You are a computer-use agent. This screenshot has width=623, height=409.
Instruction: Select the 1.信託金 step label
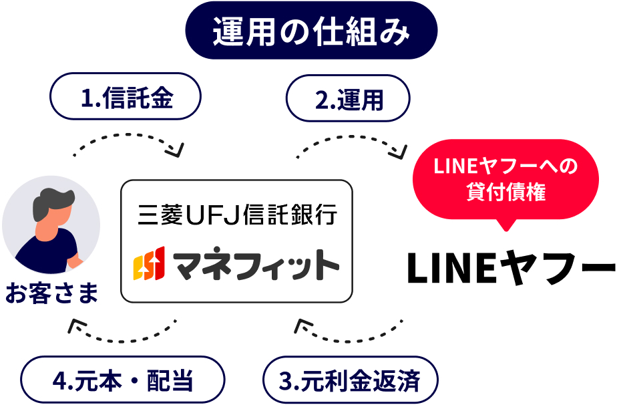126,99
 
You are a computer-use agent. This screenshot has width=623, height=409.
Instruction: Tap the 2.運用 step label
349,99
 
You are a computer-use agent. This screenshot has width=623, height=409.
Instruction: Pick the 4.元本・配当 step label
122,382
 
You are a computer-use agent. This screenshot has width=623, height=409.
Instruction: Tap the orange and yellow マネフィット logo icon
146,265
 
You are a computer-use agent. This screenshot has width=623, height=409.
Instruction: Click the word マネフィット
256,265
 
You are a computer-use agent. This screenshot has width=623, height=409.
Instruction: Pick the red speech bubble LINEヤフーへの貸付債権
505,179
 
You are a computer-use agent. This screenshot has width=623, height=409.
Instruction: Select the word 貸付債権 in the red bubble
505,192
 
